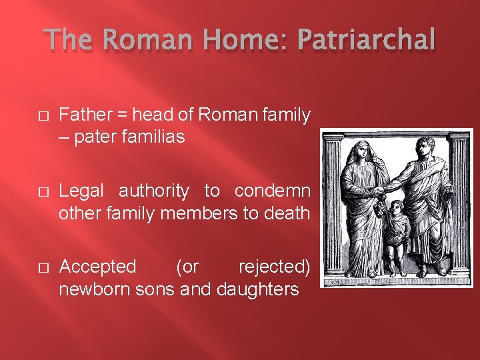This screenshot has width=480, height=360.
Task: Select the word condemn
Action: pos(272,191)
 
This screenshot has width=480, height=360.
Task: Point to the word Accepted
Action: pos(97,267)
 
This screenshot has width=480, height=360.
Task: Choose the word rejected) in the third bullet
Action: pos(274,267)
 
